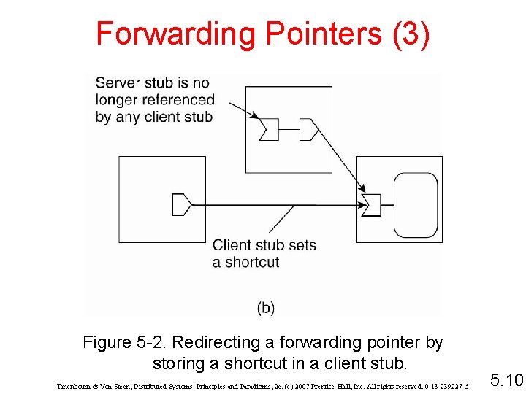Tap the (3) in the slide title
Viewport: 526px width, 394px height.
coord(411,34)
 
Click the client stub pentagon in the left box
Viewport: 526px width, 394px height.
coord(181,204)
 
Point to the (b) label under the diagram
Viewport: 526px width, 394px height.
coord(265,308)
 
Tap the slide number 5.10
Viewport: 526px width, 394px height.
coord(506,380)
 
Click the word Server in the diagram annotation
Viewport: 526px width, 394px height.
coord(117,82)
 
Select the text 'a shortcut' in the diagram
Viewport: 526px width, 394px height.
coord(246,262)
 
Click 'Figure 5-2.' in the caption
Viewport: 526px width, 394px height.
coord(125,342)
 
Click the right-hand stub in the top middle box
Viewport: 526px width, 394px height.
coord(308,130)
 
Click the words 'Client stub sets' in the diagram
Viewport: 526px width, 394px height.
coord(264,245)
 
